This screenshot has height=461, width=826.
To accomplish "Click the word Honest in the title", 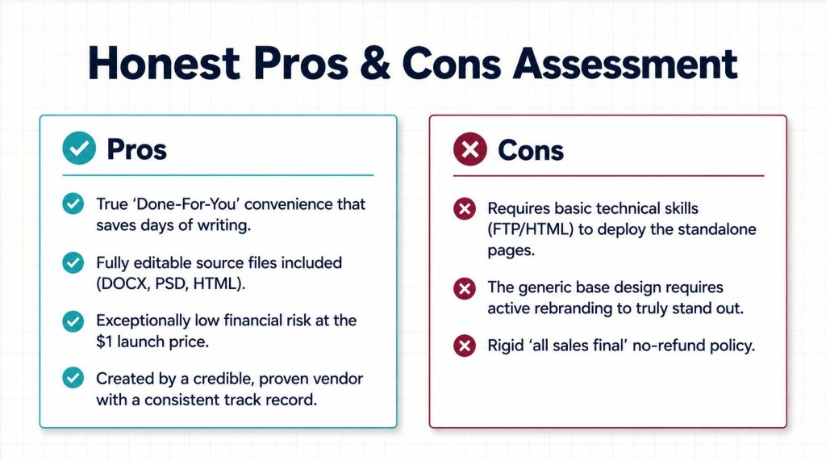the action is (x=164, y=63).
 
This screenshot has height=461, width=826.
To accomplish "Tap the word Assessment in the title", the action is (x=625, y=63).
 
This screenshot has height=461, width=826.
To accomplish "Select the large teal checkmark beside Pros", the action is (x=79, y=149).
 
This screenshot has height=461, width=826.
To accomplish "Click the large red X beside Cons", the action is (x=470, y=149).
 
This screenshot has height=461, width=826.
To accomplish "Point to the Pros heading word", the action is (x=137, y=149).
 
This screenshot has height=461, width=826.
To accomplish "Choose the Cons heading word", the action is (x=531, y=150).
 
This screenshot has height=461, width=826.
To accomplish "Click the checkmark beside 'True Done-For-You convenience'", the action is (x=73, y=203).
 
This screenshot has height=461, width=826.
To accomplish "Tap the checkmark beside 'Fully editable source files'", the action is (x=73, y=262).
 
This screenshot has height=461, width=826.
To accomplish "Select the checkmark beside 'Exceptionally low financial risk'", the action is (x=73, y=321).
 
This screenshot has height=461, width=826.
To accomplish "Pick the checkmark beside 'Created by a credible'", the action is (x=73, y=378).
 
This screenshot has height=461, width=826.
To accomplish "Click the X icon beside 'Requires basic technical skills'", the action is (x=465, y=208).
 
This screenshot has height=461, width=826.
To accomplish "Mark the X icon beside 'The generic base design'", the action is (x=465, y=288).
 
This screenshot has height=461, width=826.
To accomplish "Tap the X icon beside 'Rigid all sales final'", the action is (x=465, y=346).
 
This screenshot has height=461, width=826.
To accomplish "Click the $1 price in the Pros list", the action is (x=104, y=342).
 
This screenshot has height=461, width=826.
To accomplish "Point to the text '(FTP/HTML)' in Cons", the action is (x=530, y=229).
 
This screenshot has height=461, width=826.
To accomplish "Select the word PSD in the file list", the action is (x=171, y=283).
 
